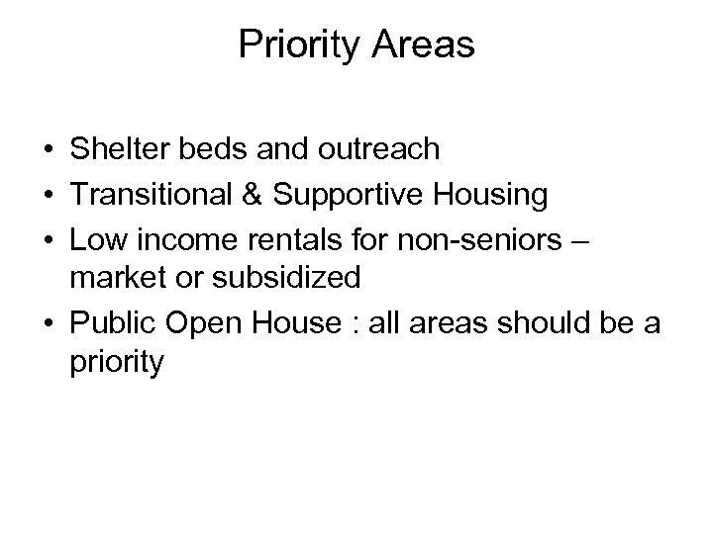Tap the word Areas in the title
pos(423,45)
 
